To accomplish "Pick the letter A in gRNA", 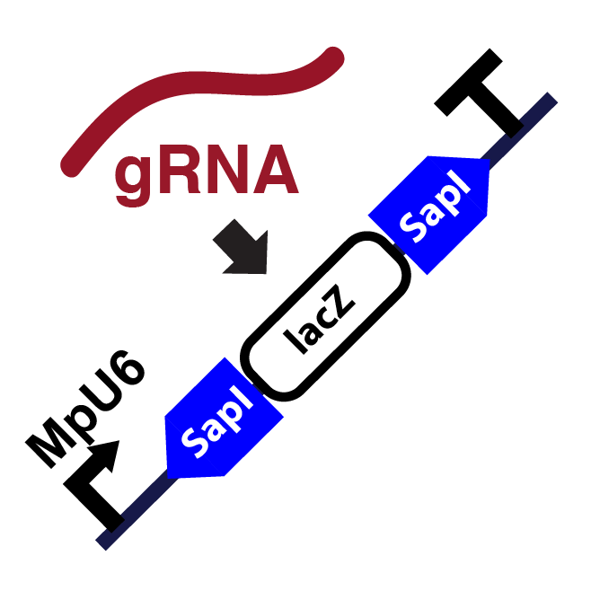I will (273, 171).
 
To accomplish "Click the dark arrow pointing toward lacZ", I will (243, 248).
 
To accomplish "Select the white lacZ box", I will (325, 316).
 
